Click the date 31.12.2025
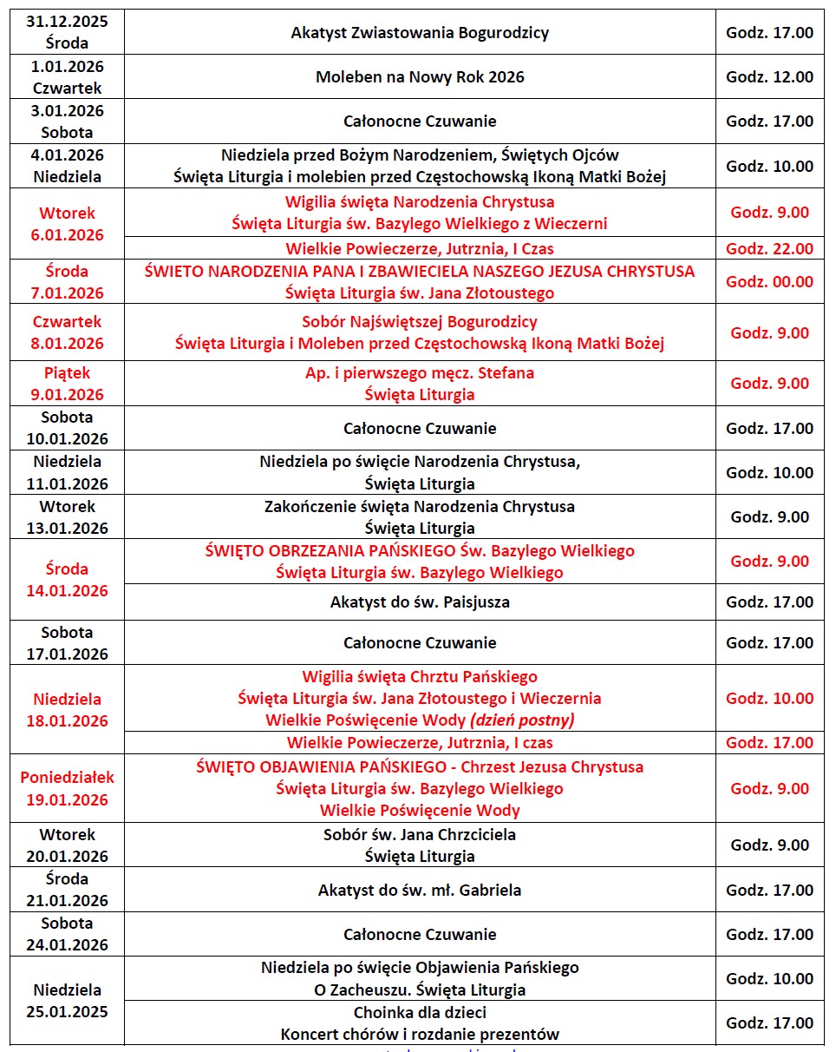(x=68, y=22)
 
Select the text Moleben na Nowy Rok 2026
(x=420, y=77)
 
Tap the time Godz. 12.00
(x=769, y=77)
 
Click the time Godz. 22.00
(x=769, y=248)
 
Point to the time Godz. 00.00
(x=769, y=281)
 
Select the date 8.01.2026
(x=68, y=344)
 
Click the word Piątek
(x=68, y=373)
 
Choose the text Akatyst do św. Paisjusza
(x=420, y=602)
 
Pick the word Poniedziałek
(x=68, y=778)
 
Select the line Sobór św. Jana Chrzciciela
(x=420, y=835)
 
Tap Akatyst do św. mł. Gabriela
(x=420, y=890)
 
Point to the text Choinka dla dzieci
(x=420, y=1012)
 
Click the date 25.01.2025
(x=68, y=1012)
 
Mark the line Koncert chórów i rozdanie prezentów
(x=420, y=1034)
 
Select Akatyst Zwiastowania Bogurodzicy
(x=420, y=33)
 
